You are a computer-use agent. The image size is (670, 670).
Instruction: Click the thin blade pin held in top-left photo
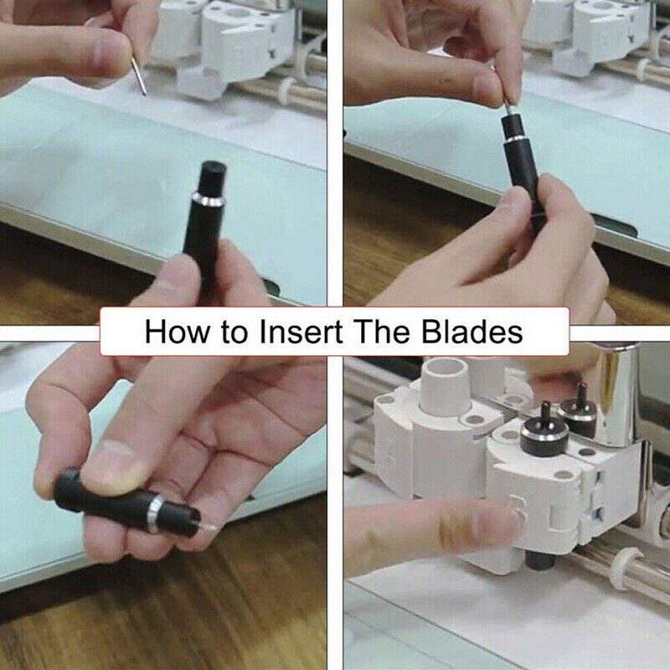click(x=139, y=75)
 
